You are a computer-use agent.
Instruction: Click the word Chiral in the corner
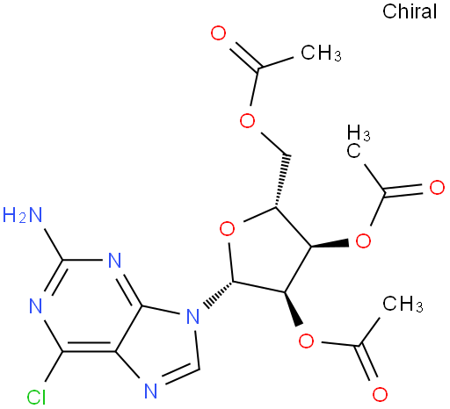pos(410,12)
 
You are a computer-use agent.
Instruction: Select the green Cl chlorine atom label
pos(37,398)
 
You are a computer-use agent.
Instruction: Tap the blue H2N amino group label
pos(23,215)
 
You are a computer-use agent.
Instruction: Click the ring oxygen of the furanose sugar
pos(227,229)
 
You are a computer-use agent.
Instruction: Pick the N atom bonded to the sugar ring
pos(193,316)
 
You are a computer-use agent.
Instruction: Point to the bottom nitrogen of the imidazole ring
pos(151,391)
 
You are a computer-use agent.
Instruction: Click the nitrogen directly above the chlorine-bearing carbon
pos(36,306)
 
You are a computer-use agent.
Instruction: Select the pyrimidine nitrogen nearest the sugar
pos(114,260)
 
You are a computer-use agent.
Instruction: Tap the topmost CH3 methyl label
pos(321,53)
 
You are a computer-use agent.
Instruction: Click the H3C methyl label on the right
pos(359,141)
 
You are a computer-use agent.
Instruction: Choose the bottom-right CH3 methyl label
pos(403,304)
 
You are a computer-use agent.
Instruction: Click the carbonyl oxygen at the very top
pos(218,32)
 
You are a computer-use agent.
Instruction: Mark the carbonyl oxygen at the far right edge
pos(437,187)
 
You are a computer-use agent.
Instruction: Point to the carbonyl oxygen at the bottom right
pos(380,394)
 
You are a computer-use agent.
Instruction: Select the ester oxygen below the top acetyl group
pos(247,120)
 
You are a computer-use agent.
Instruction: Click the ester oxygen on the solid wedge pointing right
pos(363,240)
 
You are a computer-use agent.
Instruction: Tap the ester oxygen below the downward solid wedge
pos(306,341)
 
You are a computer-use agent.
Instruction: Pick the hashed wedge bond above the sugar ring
pos(282,181)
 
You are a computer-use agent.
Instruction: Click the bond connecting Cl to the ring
pos(54,367)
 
